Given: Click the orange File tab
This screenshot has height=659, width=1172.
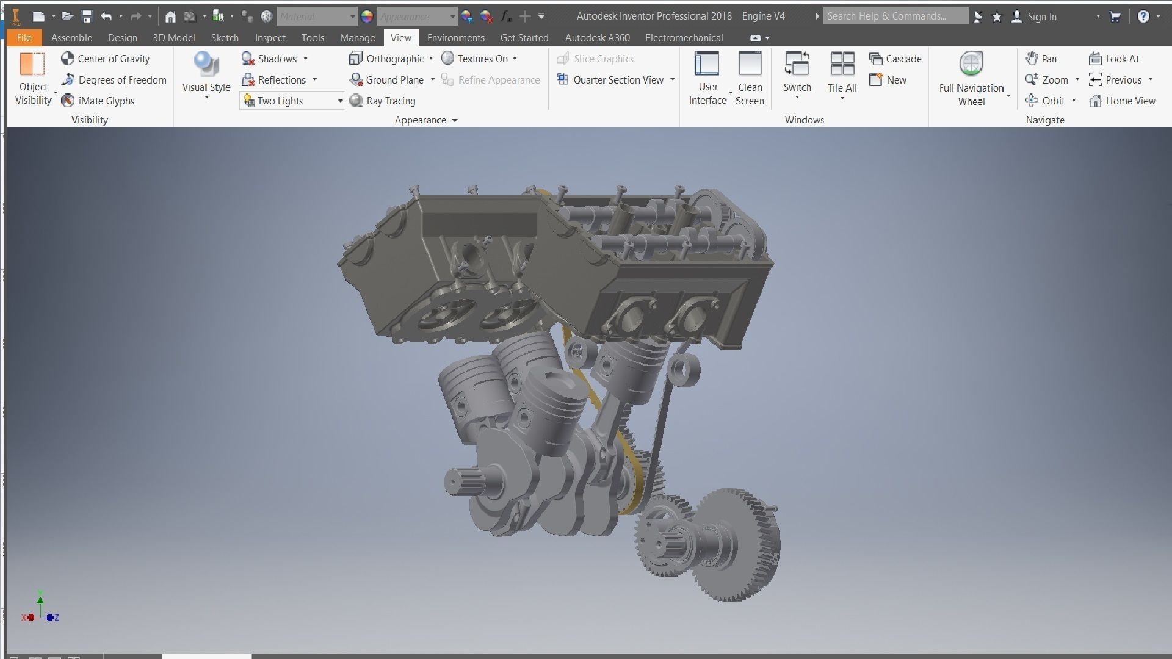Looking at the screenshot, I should pyautogui.click(x=24, y=38).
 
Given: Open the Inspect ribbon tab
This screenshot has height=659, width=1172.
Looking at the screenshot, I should pyautogui.click(x=270, y=38).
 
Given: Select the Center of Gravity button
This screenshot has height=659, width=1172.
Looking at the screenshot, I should pyautogui.click(x=106, y=59).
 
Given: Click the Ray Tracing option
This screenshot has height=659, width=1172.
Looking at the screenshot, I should pyautogui.click(x=383, y=101).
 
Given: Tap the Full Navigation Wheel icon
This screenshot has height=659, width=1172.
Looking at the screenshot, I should pyautogui.click(x=971, y=64).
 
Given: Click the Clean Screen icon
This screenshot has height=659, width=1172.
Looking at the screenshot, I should pyautogui.click(x=750, y=64).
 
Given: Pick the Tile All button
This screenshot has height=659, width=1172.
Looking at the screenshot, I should pyautogui.click(x=842, y=64).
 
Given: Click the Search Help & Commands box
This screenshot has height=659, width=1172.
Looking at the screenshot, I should pyautogui.click(x=894, y=16).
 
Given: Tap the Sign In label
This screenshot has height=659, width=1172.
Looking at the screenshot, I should pyautogui.click(x=1041, y=16).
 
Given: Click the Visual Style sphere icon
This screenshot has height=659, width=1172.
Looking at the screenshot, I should pyautogui.click(x=206, y=64).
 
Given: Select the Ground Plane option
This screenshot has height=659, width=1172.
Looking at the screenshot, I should pyautogui.click(x=387, y=80).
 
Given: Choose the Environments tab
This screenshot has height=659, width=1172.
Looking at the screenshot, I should pyautogui.click(x=455, y=38).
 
